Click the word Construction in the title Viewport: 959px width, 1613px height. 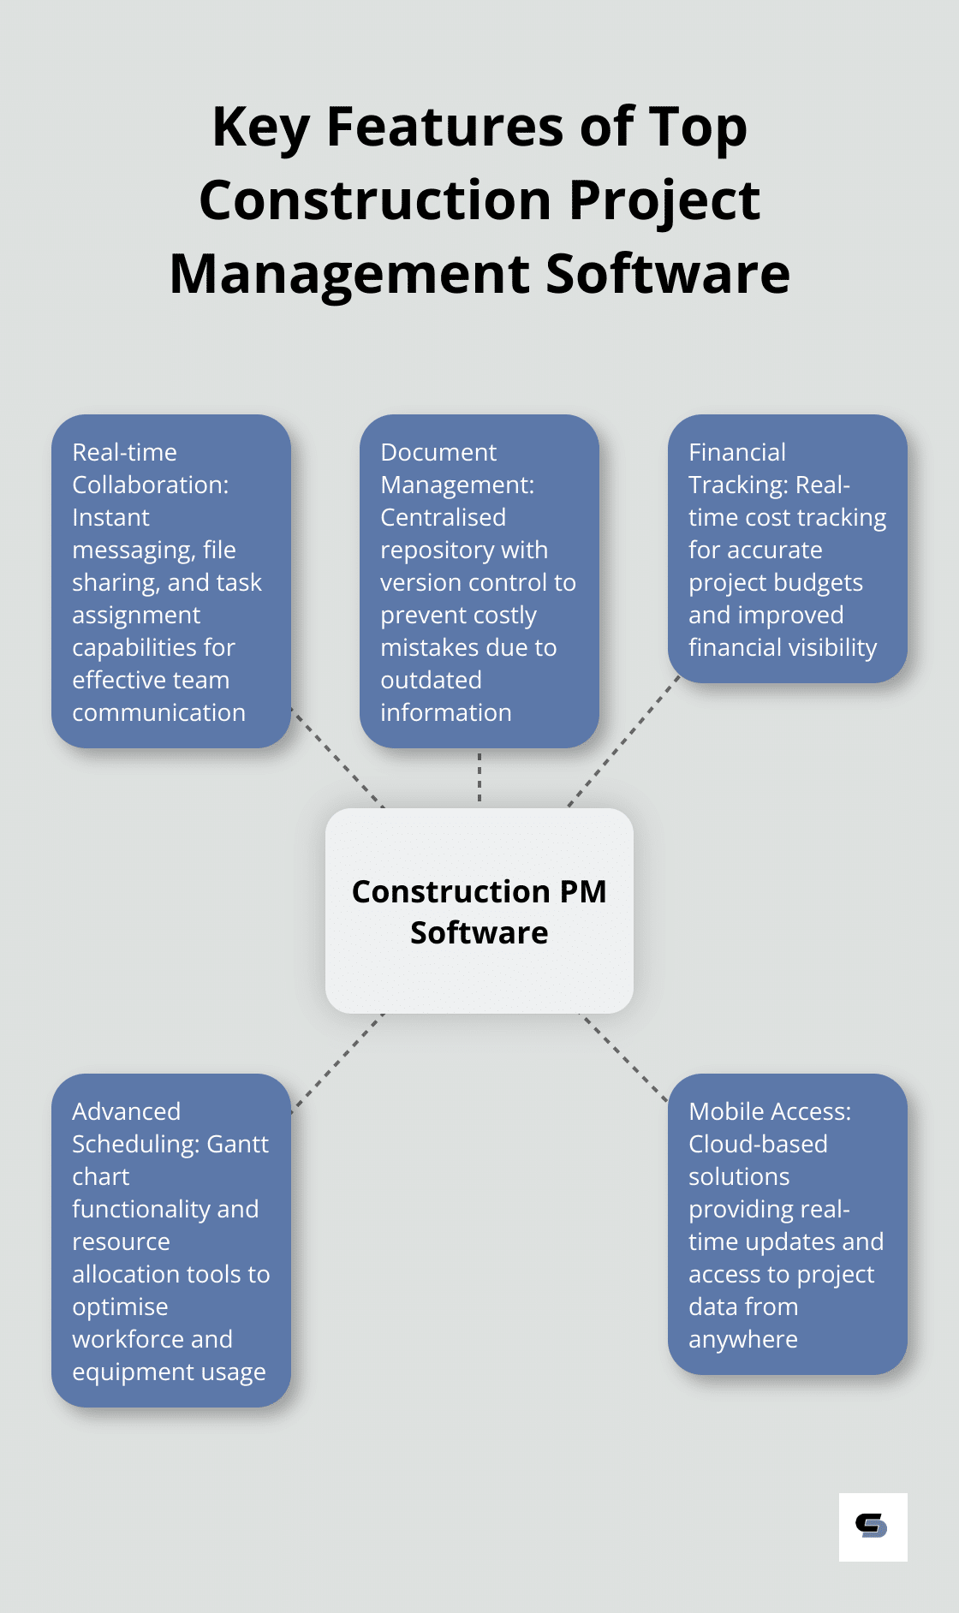pyautogui.click(x=377, y=200)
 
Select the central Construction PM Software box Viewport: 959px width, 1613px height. pyautogui.click(x=479, y=911)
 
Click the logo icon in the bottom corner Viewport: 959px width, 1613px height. pyautogui.click(x=873, y=1527)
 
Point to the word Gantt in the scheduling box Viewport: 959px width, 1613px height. pyautogui.click(x=238, y=1145)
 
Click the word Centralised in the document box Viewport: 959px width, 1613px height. pyautogui.click(x=443, y=517)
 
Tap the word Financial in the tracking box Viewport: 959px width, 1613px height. pyautogui.click(x=737, y=452)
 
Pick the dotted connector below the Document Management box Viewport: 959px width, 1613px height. pyautogui.click(x=479, y=777)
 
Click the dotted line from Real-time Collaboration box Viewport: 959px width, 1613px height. pyautogui.click(x=337, y=758)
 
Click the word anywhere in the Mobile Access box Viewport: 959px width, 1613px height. pyautogui.click(x=743, y=1340)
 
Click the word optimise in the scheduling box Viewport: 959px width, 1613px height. pyautogui.click(x=120, y=1307)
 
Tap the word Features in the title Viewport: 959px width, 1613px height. pyautogui.click(x=445, y=127)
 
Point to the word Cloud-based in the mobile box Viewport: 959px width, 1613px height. pyautogui.click(x=758, y=1144)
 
